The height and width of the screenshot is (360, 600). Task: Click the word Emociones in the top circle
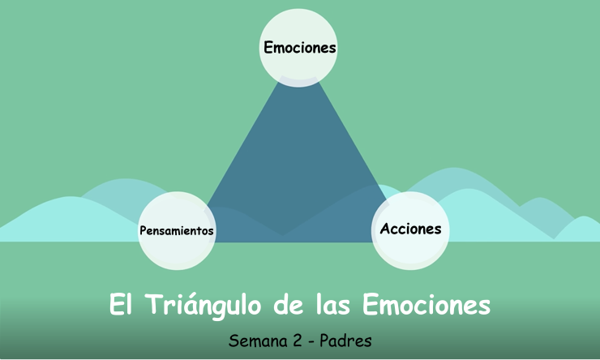tap(299, 48)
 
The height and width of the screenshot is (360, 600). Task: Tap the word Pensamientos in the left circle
tap(177, 231)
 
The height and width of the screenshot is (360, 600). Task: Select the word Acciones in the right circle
tap(410, 229)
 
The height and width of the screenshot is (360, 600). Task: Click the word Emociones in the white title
tap(426, 306)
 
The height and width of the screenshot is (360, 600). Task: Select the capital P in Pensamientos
tap(144, 231)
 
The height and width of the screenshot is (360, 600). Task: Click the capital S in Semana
tap(234, 341)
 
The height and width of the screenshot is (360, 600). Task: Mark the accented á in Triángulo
tap(193, 306)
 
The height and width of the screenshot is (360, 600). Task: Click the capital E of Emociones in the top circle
tap(268, 48)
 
